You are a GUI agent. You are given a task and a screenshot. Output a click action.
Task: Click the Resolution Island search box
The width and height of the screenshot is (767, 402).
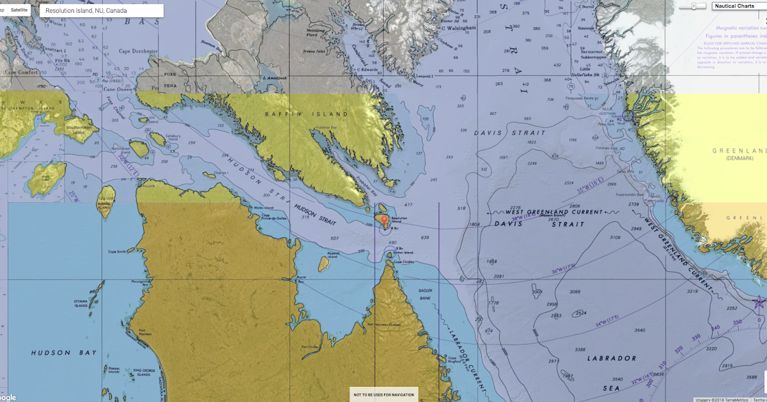pos(101,11)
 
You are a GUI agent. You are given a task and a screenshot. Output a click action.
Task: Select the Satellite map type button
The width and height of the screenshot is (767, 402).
pos(19,10)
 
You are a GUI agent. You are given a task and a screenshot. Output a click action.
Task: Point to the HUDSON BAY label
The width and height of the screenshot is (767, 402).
pos(64,353)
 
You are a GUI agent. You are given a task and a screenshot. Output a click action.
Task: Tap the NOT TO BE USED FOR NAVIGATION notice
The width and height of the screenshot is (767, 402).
pos(383,394)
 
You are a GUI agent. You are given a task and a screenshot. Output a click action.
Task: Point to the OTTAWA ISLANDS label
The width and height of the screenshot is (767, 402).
pos(80,302)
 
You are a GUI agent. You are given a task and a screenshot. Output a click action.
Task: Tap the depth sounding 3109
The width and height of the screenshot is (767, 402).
pos(614,237)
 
